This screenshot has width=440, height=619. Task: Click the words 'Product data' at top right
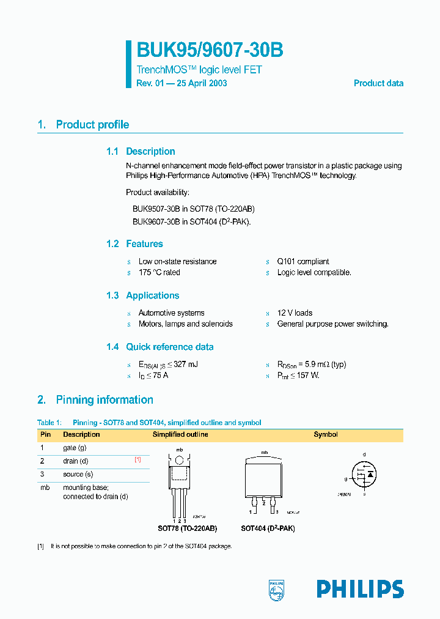coord(378,83)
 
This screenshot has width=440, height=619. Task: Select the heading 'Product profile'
coord(92,125)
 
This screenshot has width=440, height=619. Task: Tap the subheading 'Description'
coord(150,152)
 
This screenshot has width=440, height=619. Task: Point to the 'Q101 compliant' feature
coord(303,261)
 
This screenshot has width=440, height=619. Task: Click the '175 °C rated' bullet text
coord(159,272)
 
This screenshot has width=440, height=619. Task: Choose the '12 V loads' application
coord(295,313)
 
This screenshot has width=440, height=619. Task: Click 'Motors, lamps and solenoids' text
coord(185,324)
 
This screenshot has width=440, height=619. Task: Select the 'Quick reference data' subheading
coord(170,347)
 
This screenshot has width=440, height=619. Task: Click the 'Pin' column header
coord(45,434)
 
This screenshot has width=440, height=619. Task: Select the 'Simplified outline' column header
coord(180,434)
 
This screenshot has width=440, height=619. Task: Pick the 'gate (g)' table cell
coord(75,448)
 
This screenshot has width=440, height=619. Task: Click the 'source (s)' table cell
coord(78,474)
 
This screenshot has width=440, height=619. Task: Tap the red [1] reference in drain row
coord(138,459)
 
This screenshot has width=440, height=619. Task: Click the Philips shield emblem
coord(277,589)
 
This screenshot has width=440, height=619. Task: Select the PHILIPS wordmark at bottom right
coord(360,589)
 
